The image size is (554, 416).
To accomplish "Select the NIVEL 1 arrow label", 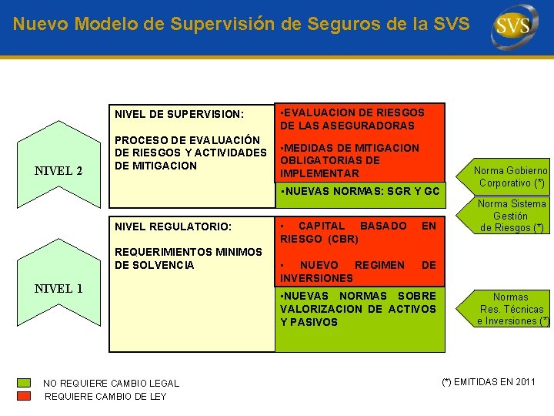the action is pos(58,289).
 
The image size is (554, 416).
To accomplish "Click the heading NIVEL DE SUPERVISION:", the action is pos(179,115).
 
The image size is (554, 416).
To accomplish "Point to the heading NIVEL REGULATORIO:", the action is pos(172,226).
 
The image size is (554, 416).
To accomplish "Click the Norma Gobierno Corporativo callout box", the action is pos(510,176).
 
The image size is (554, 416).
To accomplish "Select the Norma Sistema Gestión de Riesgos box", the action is pos(512,216).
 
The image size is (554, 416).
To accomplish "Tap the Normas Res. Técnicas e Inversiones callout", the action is pos(511,308).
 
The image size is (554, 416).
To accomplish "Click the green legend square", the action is pos(25,383).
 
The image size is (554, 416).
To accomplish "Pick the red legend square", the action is pos(25,396).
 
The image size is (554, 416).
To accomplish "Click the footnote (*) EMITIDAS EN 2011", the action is pos(488,382).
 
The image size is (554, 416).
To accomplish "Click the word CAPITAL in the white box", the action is pos(322,226).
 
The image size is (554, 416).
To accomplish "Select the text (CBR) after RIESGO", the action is pos(343,239).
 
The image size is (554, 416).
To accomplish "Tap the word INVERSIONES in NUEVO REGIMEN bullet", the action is pos(316,277).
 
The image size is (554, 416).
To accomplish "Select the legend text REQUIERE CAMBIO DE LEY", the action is pos(105,396).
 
